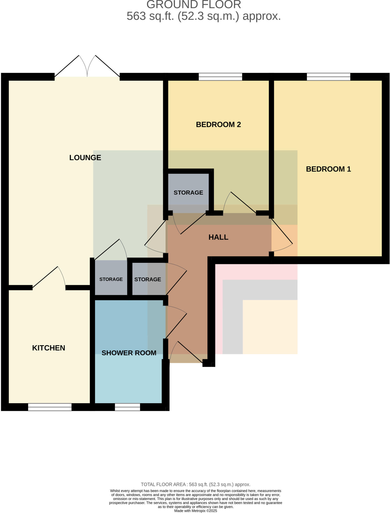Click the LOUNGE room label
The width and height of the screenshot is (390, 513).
point(85,158)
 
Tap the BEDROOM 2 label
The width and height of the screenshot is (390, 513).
point(218,124)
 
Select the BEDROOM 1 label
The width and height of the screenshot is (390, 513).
point(328,169)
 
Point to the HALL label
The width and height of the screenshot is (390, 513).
point(218,237)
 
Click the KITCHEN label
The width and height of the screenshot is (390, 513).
point(49,348)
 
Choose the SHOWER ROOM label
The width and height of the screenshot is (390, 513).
point(129,353)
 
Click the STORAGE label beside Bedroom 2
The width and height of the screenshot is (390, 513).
point(188,193)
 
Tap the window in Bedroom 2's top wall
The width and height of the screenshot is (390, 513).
point(220,77)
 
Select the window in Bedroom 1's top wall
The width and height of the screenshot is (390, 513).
point(328,77)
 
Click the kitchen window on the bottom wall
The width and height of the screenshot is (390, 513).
point(50,407)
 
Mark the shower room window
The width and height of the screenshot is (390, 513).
point(127,407)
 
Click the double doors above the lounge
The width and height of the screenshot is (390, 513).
point(87,66)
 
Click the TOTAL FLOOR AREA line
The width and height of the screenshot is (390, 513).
point(196,484)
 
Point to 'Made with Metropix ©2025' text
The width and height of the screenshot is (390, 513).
point(196,511)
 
